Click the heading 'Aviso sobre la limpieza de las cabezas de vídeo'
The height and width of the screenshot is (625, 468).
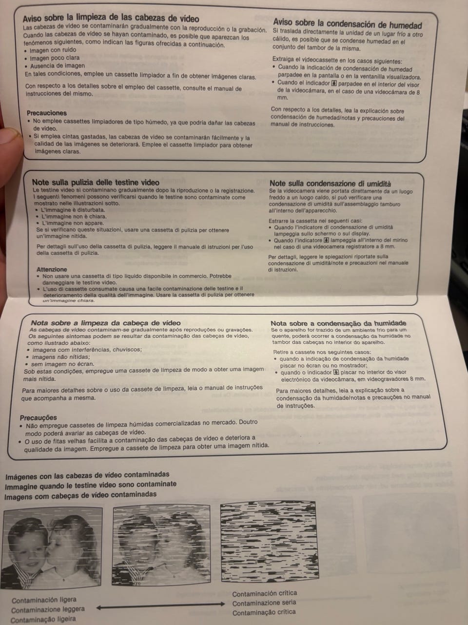point(111,18)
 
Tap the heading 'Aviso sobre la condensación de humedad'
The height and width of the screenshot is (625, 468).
point(348,23)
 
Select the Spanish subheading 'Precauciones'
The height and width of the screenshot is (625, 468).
point(47,113)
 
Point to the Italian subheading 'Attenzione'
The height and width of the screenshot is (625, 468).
point(52,270)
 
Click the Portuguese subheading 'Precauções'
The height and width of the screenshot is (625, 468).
point(39,417)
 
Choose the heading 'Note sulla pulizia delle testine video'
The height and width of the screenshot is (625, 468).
point(96,182)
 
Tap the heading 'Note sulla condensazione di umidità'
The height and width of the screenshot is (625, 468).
point(330,184)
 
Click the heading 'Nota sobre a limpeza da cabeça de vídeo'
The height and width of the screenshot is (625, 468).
point(106,323)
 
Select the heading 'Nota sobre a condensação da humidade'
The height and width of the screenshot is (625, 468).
point(338,323)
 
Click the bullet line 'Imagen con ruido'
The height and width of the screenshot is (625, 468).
point(53,50)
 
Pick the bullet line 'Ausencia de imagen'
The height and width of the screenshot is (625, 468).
point(58,66)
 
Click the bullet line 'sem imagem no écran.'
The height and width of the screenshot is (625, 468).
point(62,364)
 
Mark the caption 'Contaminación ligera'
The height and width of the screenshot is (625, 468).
point(44,600)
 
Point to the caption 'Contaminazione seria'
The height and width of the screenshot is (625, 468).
point(264,603)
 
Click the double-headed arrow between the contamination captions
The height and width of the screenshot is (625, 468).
point(160,605)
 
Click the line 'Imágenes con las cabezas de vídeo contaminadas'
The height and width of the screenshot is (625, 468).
point(87,475)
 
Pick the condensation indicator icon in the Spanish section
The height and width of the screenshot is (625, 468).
point(334,83)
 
